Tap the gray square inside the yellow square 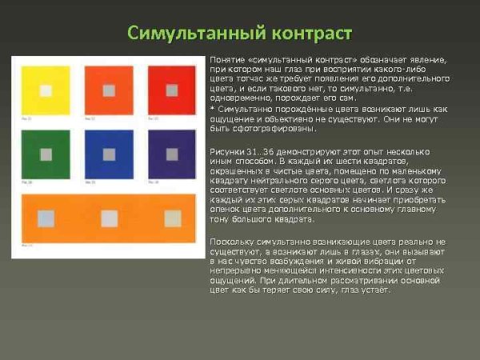click(45, 90)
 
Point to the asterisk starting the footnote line click(211, 108)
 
